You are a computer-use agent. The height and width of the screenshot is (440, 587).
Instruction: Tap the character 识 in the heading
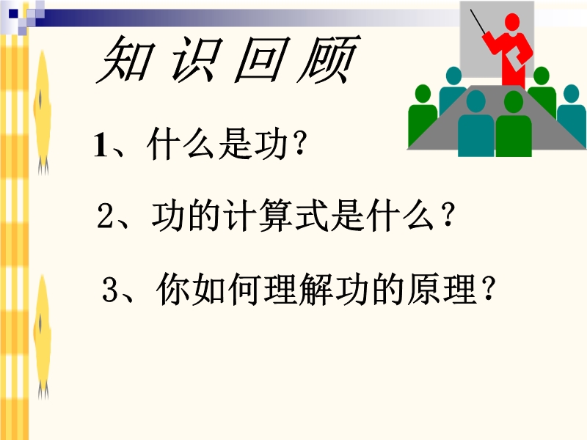194,60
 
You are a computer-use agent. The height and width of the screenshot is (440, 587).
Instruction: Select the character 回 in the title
261,60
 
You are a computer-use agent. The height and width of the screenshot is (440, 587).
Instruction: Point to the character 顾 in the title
328,60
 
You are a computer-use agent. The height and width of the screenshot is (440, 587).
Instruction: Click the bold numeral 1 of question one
101,145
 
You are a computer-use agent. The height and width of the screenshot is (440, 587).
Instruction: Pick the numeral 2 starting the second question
105,216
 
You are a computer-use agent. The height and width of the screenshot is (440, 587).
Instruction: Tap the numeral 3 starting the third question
110,289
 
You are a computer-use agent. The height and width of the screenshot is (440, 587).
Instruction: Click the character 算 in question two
274,215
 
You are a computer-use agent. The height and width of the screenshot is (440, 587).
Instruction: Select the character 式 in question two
310,215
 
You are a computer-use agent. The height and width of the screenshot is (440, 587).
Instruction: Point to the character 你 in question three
173,289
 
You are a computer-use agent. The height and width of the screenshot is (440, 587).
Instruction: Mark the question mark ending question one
299,144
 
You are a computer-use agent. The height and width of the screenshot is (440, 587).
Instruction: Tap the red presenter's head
512,22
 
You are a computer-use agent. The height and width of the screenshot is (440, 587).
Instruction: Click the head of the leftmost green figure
423,95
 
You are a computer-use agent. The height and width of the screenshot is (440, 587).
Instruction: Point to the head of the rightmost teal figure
572,95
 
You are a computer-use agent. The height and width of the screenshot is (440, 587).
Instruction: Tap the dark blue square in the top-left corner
13,14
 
